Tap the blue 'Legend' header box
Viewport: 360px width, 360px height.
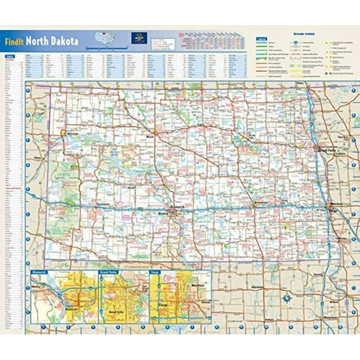pyautogui.click(x=261, y=38)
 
